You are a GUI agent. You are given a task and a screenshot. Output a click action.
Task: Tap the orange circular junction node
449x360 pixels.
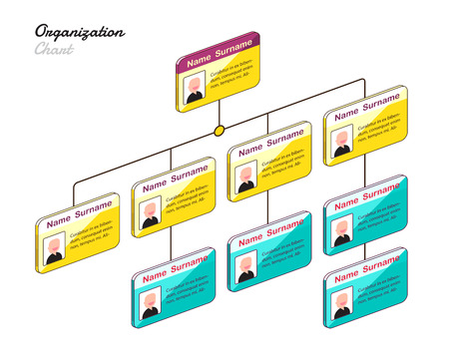[218, 131]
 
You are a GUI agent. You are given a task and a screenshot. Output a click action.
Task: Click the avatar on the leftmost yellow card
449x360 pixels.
[54, 247]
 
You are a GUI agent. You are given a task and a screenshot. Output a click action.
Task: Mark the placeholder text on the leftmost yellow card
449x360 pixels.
[95, 237]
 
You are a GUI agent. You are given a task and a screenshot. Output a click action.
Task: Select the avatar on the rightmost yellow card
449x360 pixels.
[341, 141]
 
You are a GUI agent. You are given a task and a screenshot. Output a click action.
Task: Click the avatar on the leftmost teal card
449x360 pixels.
[150, 301]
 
